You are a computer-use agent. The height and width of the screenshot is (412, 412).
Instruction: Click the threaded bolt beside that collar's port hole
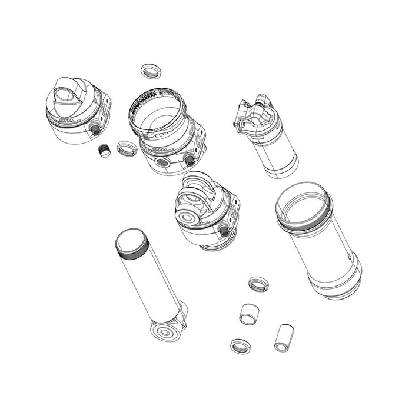(x=190, y=160)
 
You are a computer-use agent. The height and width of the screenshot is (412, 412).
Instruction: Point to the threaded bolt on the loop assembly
(x=224, y=230)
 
